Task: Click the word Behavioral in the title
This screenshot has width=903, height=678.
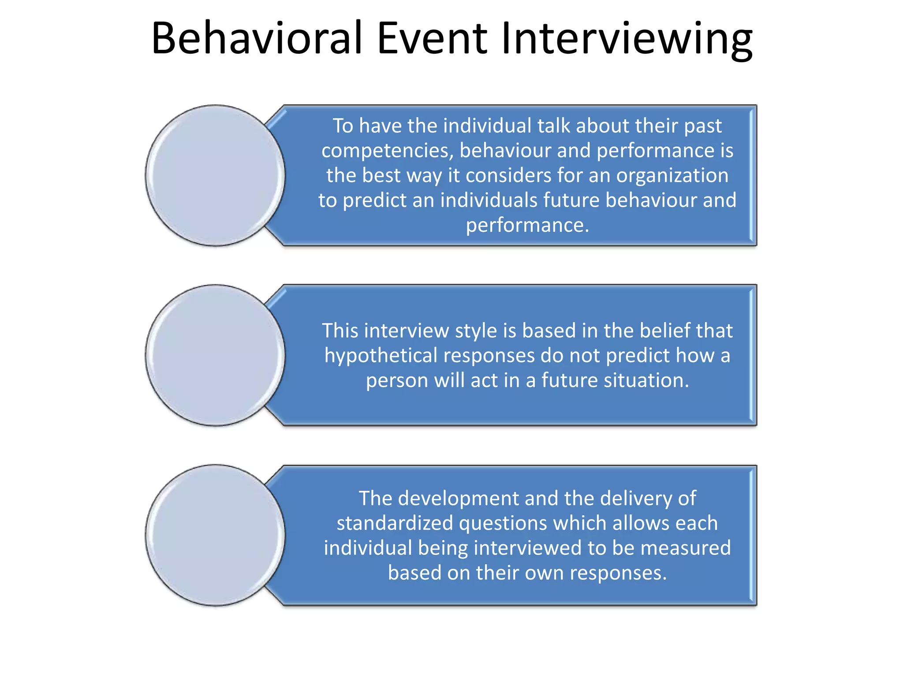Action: pyautogui.click(x=257, y=38)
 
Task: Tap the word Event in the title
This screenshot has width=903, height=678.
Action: pyautogui.click(x=432, y=38)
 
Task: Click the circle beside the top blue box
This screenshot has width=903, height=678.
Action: pyautogui.click(x=215, y=175)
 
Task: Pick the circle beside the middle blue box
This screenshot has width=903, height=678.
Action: pyautogui.click(x=215, y=355)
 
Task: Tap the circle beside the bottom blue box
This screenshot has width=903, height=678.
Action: pyautogui.click(x=215, y=535)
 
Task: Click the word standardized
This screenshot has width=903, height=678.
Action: pyautogui.click(x=395, y=524)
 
